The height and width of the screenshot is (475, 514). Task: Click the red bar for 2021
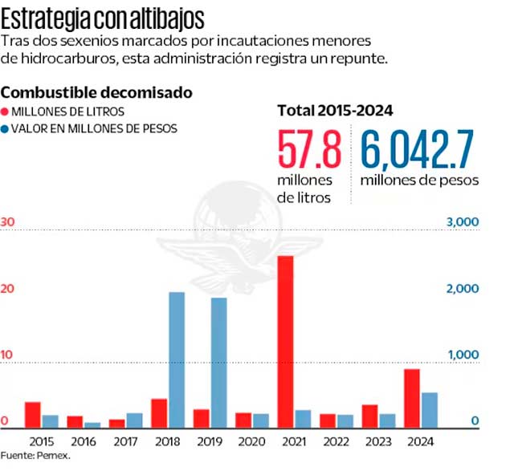286,342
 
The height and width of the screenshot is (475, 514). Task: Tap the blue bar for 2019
219,363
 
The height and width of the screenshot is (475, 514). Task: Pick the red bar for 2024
411,398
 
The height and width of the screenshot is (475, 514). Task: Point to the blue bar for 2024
430,409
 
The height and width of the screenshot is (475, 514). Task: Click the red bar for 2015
33,415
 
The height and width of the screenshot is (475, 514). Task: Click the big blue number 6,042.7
416,152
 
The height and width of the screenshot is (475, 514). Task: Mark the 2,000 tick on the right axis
463,289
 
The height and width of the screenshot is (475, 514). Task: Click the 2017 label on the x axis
125,441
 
